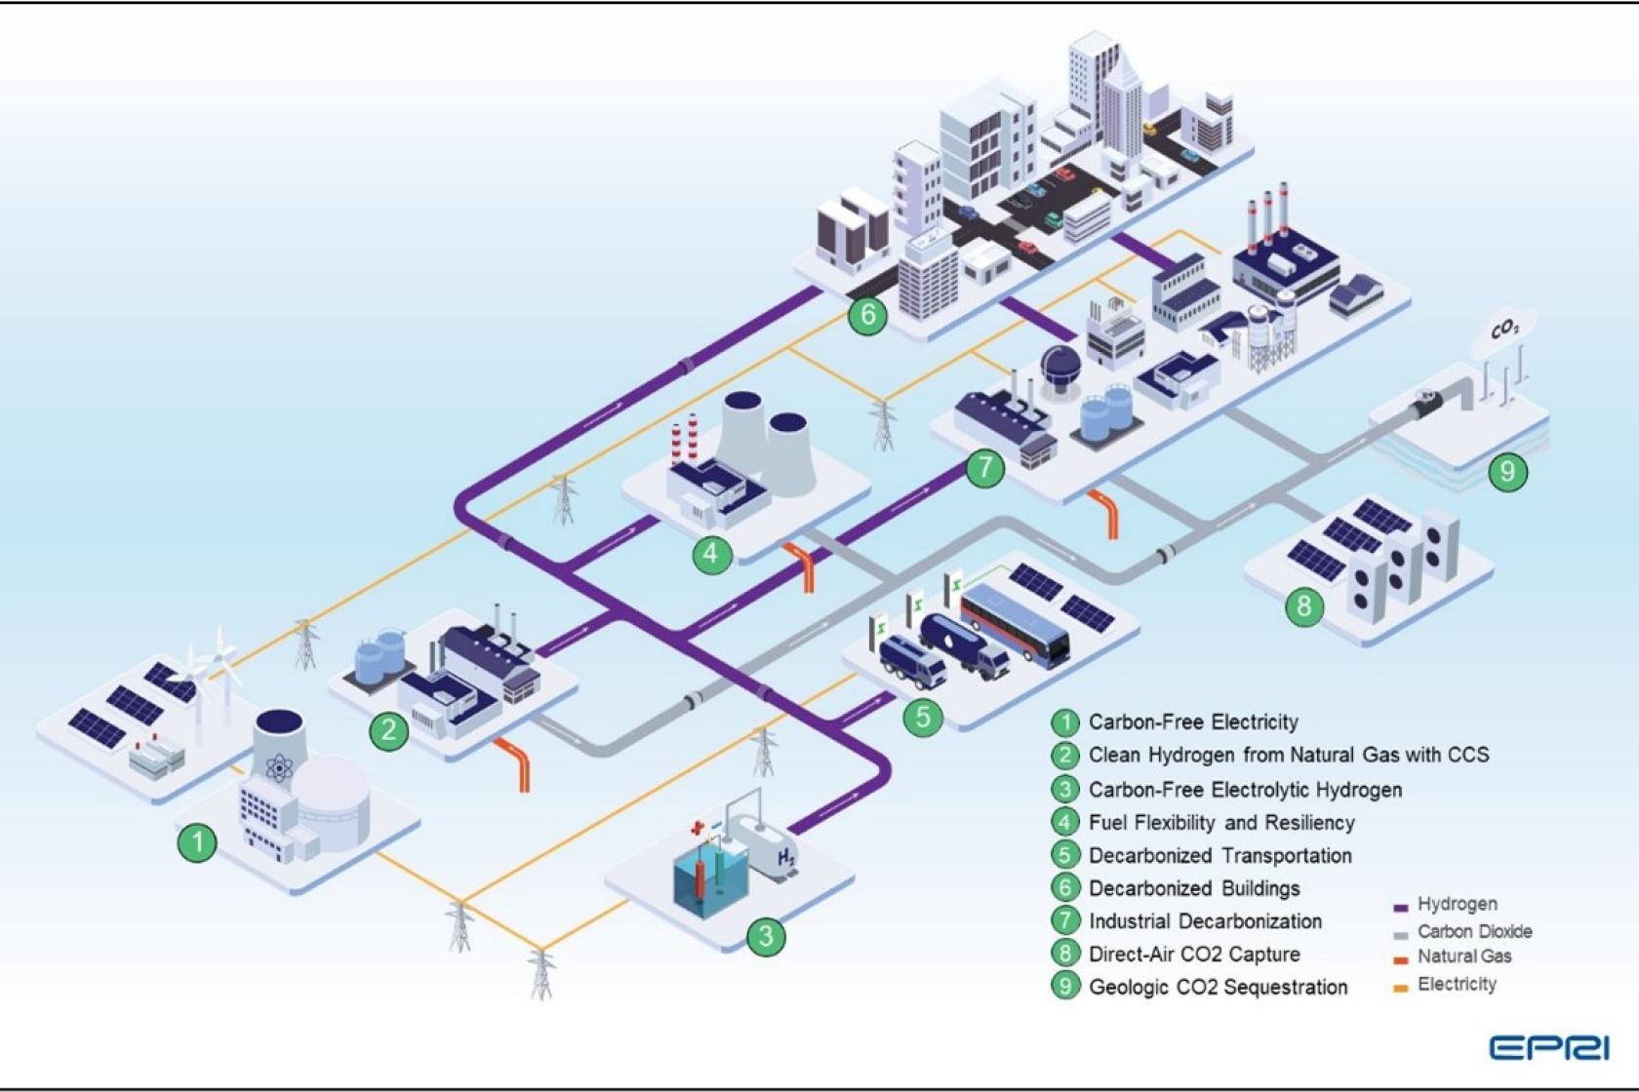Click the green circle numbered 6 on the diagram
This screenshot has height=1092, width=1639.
[867, 315]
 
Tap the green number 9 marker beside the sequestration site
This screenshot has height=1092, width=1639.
[1507, 472]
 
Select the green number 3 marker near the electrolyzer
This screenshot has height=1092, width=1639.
[766, 936]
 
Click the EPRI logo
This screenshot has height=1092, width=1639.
[1548, 1048]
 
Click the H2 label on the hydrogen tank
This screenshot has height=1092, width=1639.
[786, 857]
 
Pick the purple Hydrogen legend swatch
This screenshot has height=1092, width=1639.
[1401, 907]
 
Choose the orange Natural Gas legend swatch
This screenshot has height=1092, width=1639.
[1401, 960]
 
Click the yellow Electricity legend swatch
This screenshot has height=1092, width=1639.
[1401, 988]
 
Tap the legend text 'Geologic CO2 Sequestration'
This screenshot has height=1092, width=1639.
[1218, 987]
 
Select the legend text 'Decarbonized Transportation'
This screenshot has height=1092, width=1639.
[1219, 855]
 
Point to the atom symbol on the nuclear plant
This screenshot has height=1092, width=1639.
[278, 769]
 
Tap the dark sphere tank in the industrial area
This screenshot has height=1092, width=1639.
[1059, 365]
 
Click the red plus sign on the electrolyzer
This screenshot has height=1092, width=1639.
[697, 829]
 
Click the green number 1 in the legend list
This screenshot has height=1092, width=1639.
[1064, 722]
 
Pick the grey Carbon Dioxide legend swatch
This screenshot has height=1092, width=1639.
[1401, 934]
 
